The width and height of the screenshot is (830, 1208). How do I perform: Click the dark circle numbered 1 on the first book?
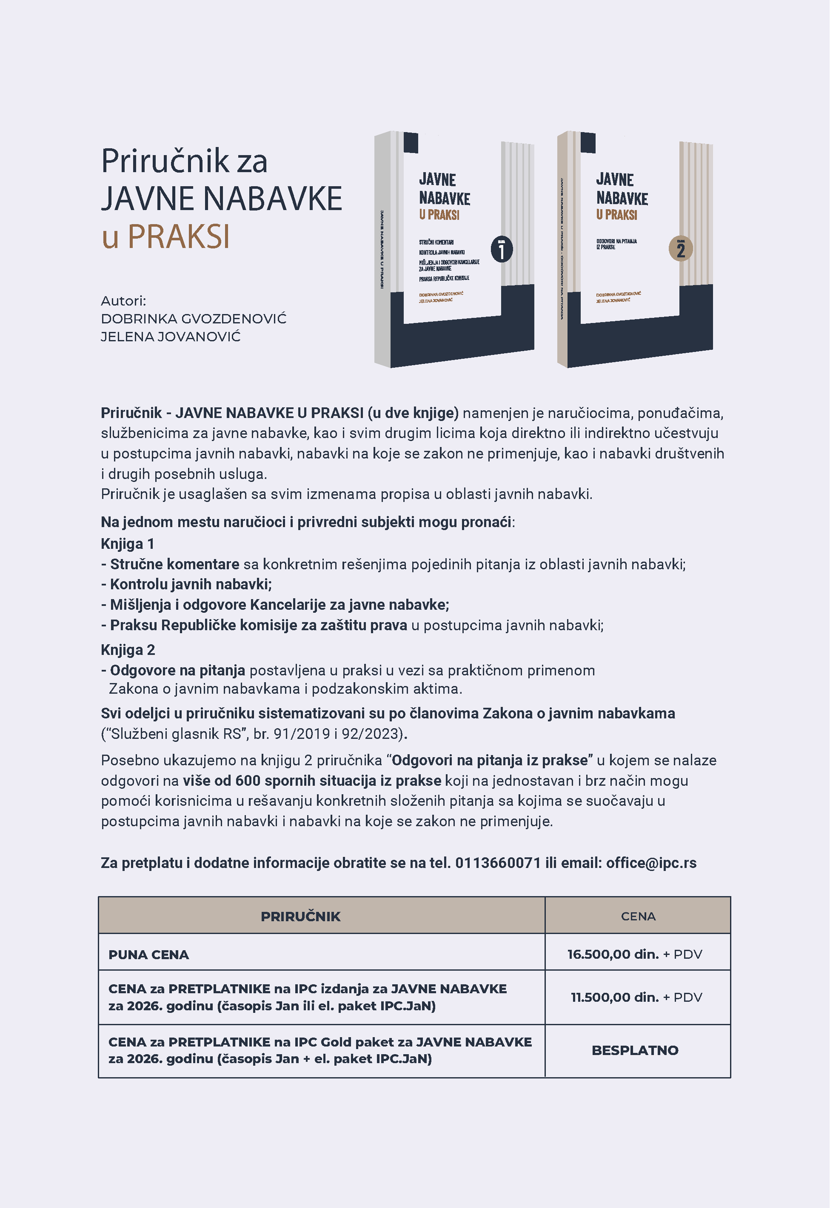501,250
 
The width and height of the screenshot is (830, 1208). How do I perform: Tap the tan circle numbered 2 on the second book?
680,250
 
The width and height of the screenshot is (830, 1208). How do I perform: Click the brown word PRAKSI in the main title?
178,237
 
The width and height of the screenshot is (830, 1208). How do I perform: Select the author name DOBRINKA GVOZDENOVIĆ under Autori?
193,319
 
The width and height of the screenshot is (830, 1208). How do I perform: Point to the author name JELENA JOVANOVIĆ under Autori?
171,337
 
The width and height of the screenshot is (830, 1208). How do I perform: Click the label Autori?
123,301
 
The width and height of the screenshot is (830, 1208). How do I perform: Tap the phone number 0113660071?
498,863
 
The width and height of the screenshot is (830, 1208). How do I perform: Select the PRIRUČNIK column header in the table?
301,917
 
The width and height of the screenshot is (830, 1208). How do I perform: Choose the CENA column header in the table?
638,917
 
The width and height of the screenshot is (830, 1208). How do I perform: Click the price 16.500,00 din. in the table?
613,954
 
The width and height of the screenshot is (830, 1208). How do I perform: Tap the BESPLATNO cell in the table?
635,1050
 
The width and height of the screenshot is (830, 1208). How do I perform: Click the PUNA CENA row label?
149,954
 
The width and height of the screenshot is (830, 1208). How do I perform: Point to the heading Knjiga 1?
127,544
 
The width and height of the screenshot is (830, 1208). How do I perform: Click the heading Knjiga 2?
128,650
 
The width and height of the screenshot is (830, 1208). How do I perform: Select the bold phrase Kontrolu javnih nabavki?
191,585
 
